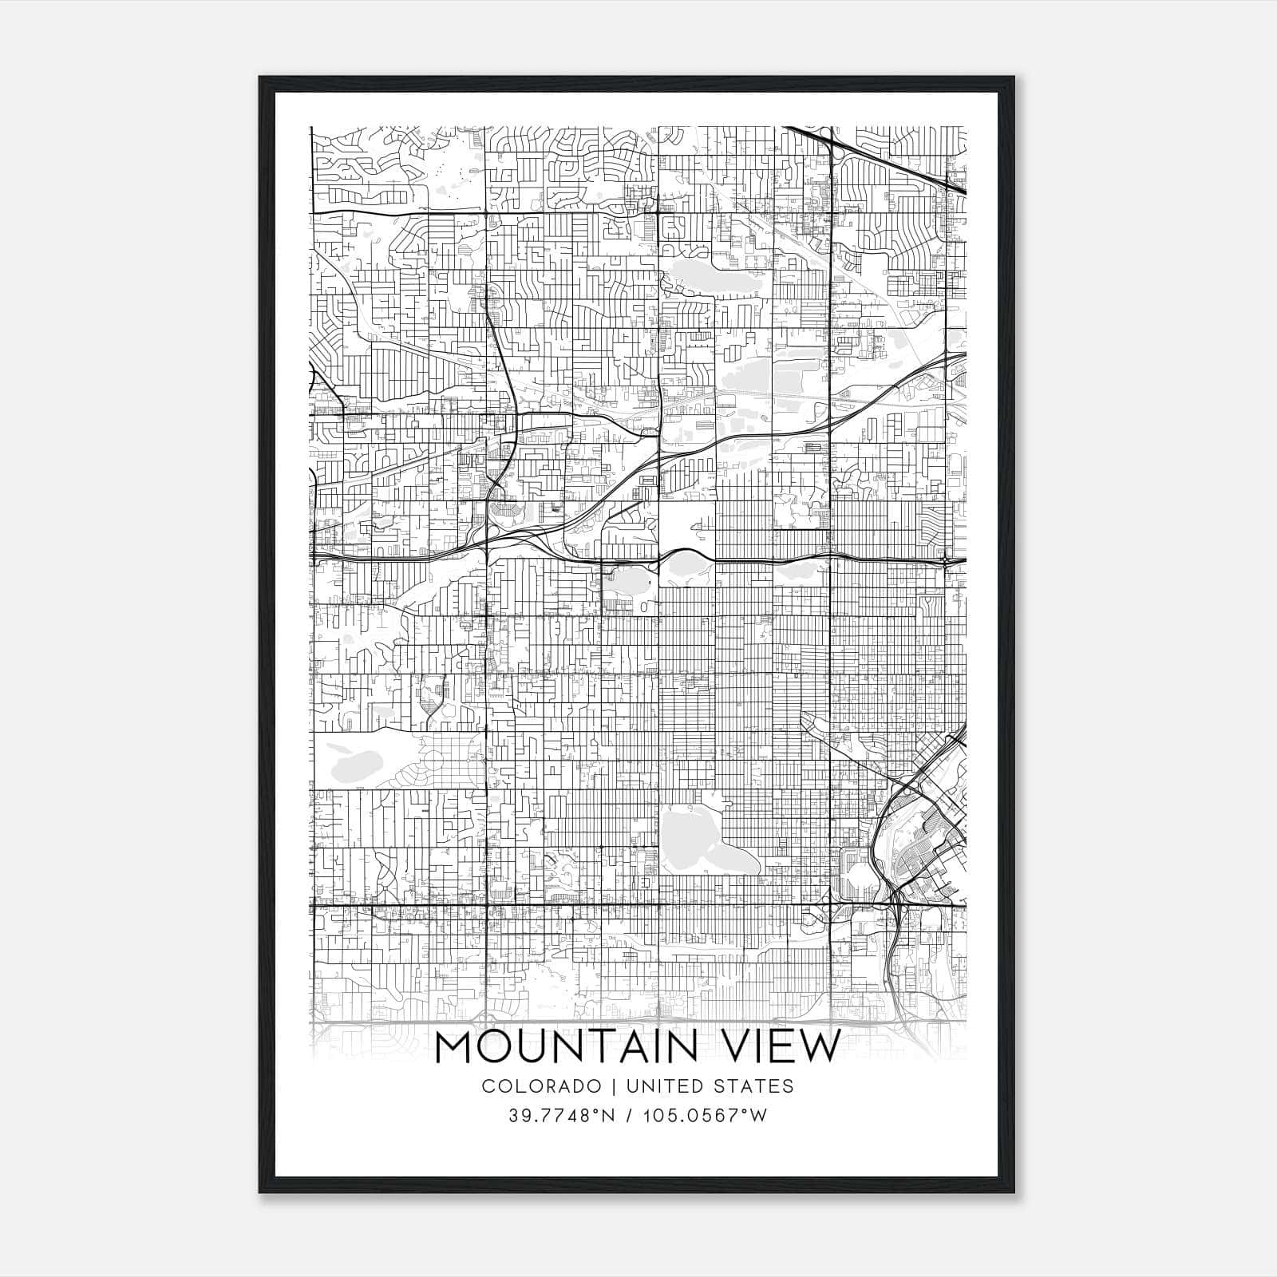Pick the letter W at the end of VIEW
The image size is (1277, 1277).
pos(821,1048)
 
